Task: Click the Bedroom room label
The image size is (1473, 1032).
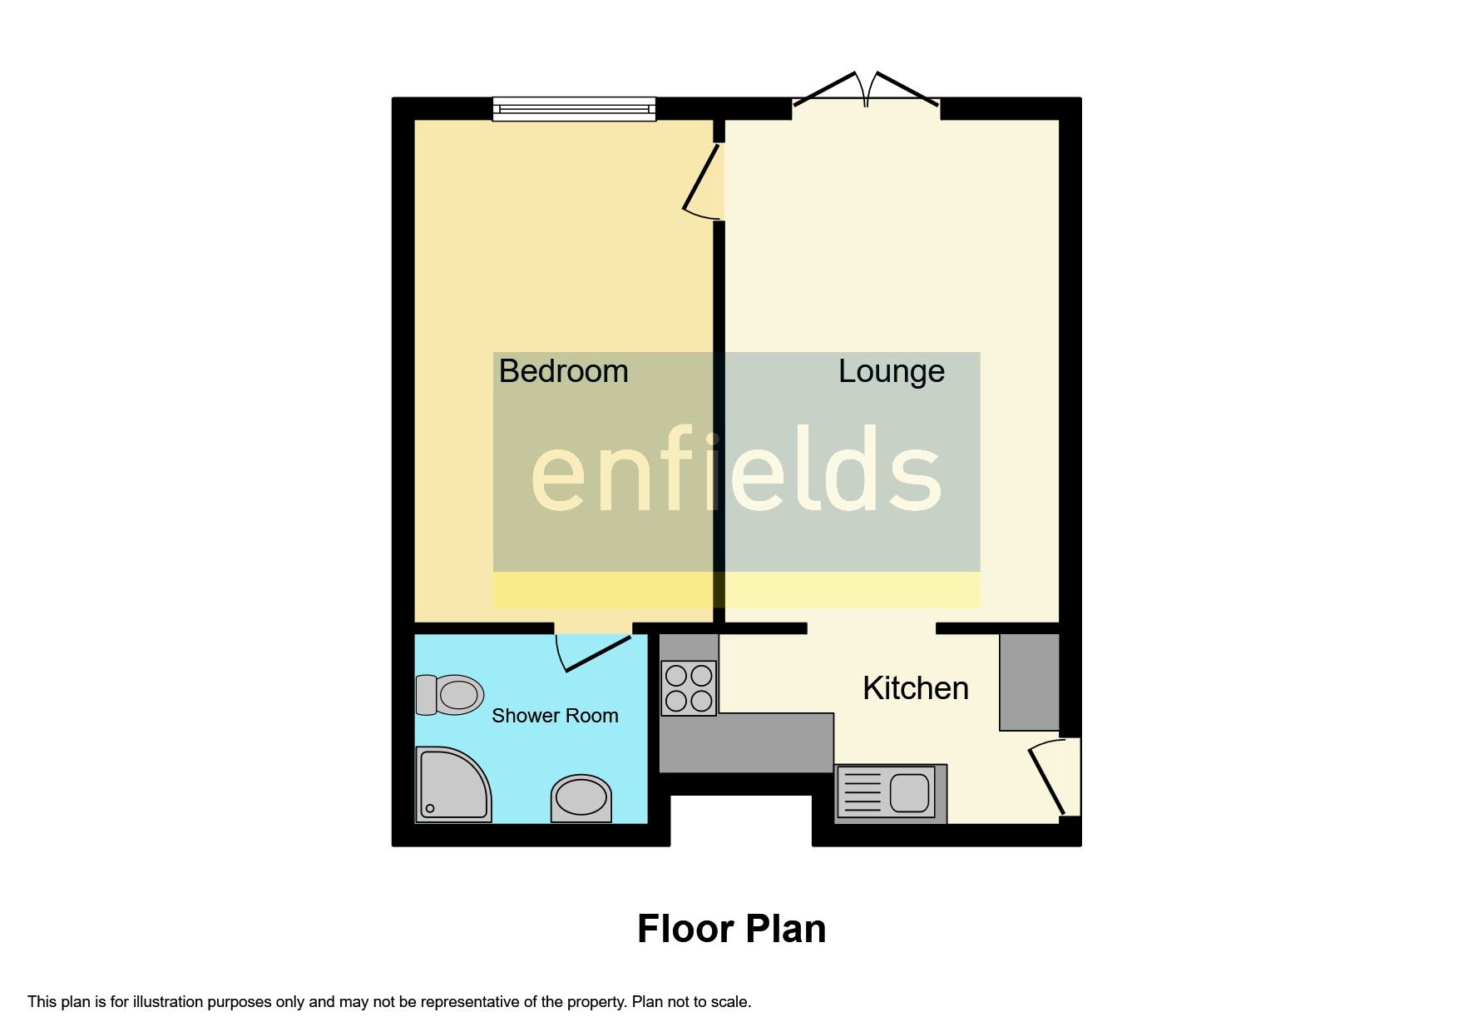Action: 563,371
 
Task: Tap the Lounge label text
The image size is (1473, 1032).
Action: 891,371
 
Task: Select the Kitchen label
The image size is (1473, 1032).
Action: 915,688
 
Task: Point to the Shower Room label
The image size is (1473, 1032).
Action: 555,716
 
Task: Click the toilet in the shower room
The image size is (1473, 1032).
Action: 450,694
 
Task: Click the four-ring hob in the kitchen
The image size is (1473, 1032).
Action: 689,688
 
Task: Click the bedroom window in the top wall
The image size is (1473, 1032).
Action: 574,108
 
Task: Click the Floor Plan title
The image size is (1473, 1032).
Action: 731,929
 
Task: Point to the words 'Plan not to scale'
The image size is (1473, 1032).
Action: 691,1002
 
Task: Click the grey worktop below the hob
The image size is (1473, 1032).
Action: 745,742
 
